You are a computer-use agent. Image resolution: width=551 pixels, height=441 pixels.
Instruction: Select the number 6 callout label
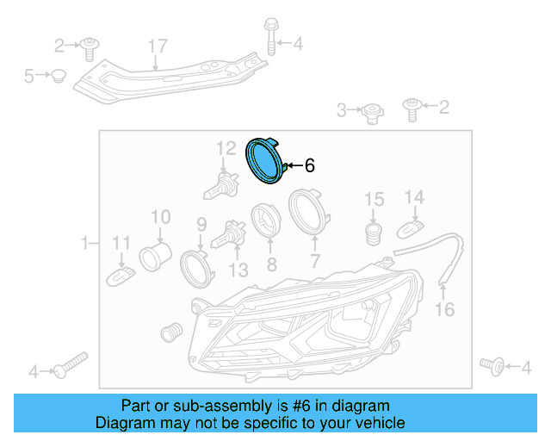click(x=309, y=165)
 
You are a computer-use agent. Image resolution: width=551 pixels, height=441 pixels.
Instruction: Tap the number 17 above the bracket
click(x=156, y=46)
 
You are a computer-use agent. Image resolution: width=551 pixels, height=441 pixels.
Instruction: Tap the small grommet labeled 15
click(x=374, y=233)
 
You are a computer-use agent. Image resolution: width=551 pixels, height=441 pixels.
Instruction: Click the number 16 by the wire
click(x=444, y=309)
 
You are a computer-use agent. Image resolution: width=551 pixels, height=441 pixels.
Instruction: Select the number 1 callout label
click(x=84, y=245)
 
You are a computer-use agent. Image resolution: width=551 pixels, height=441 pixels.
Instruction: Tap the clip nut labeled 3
click(x=370, y=111)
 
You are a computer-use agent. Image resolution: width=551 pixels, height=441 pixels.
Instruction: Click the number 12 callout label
click(x=226, y=147)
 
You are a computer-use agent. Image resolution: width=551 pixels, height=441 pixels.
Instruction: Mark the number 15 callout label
click(x=374, y=200)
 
